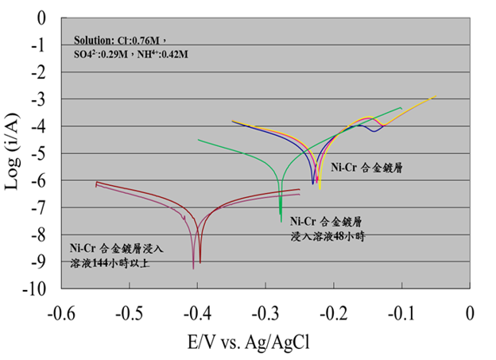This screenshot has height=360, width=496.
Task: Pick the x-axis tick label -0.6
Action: [x=60, y=312]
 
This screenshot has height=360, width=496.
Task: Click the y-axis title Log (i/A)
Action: [x=14, y=153]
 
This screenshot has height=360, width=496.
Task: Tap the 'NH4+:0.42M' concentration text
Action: [x=161, y=54]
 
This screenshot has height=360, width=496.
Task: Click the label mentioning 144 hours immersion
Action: [x=111, y=256]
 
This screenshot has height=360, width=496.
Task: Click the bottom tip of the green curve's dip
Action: [x=281, y=221]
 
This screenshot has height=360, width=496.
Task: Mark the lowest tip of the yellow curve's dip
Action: [x=320, y=190]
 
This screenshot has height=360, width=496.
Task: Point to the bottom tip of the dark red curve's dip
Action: [x=200, y=263]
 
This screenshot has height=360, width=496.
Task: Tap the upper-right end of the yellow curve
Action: [x=437, y=97]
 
